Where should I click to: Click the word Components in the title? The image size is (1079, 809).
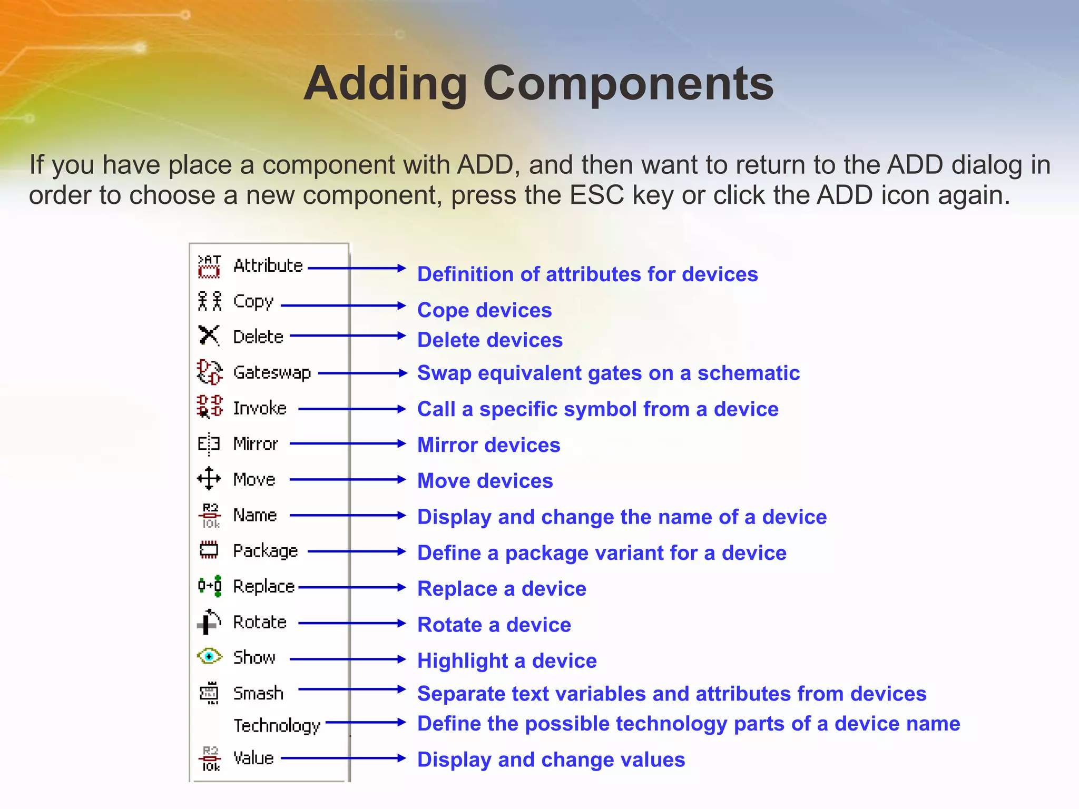click(x=628, y=84)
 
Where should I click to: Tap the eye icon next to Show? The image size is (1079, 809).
click(x=209, y=656)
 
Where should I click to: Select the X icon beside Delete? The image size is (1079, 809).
click(x=209, y=335)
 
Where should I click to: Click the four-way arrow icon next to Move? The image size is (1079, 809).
click(x=209, y=478)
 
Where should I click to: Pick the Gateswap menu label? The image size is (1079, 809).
click(x=272, y=372)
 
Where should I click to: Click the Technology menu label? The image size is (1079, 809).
click(x=277, y=725)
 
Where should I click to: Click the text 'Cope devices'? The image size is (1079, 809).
click(x=484, y=310)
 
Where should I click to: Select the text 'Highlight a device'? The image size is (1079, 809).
click(x=507, y=660)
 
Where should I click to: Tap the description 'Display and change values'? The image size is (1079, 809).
click(x=551, y=759)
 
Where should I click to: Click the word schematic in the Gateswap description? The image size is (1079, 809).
click(x=748, y=373)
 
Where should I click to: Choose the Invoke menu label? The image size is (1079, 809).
click(x=260, y=408)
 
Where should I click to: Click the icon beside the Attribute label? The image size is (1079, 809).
click(x=209, y=266)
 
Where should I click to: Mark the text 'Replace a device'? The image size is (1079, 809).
click(x=502, y=588)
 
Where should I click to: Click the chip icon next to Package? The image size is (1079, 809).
click(x=209, y=550)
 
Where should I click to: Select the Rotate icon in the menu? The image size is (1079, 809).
click(x=209, y=621)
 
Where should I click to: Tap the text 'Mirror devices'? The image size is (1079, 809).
click(x=488, y=445)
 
